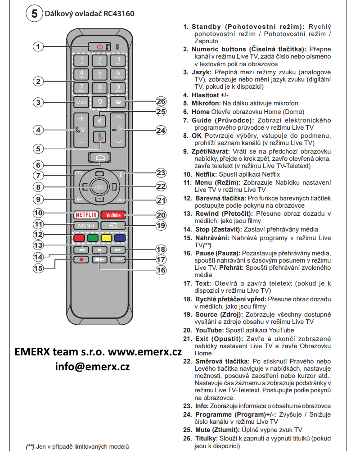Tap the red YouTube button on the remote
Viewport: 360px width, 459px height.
113,215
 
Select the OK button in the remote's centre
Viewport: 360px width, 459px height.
99,186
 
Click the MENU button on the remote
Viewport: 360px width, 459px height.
85,225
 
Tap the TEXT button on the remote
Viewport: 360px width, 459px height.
118,259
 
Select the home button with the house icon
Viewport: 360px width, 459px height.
99,157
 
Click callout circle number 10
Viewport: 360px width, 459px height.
39,213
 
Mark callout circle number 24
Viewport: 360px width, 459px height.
161,130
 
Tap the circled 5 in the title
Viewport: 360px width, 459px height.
34,13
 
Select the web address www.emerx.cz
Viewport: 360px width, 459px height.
144,352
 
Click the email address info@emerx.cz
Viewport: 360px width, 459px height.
92,366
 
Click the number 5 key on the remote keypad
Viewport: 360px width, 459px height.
99,73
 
